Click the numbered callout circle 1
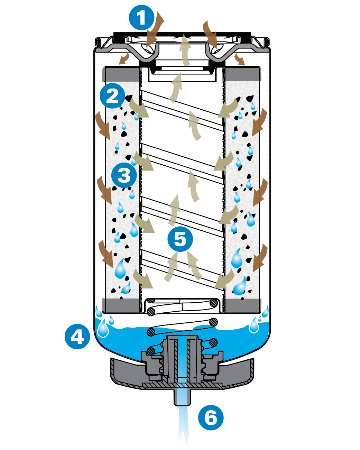tap(141, 18)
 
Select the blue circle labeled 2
tap(112, 96)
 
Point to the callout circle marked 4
tap(77, 336)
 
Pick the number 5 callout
tap(180, 239)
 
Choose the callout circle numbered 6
tap(211, 417)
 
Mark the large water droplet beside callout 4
tap(103, 328)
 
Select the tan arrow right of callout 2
tap(139, 107)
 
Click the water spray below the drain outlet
tap(183, 425)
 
